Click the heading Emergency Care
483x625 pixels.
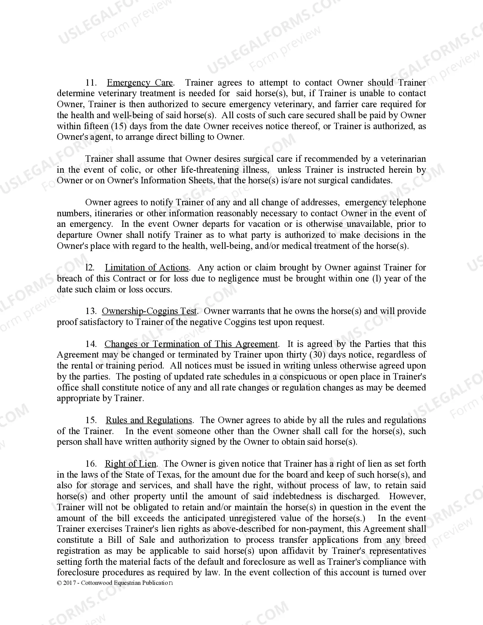(x=140, y=83)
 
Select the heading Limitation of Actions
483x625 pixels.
(x=147, y=267)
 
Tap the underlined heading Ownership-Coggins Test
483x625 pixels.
(x=149, y=311)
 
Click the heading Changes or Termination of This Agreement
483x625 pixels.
(x=191, y=344)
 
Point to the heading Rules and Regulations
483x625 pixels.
(x=148, y=420)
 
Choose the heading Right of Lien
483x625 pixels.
(x=130, y=464)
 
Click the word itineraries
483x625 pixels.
(x=112, y=213)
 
